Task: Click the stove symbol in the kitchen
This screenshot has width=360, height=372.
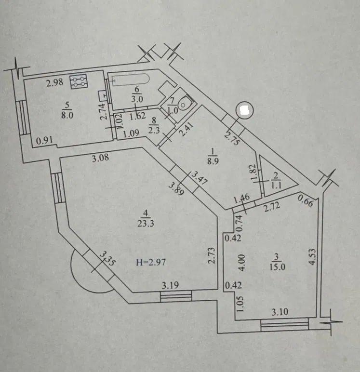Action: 79,81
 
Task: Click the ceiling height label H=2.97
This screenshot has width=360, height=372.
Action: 151,263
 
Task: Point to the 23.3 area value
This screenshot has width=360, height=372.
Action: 146,224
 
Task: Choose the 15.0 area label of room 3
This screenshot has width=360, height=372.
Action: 277,267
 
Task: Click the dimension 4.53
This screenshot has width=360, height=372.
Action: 312,256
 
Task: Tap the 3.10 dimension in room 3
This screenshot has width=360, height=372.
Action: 280,312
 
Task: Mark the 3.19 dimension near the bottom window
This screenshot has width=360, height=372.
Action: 171,285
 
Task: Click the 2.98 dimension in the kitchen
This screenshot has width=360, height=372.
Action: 54,82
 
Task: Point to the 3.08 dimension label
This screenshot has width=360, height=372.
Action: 101,158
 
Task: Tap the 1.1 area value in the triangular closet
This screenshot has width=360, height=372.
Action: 276,186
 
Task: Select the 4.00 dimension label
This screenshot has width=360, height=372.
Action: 241,263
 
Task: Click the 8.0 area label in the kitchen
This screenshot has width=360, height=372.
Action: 67,115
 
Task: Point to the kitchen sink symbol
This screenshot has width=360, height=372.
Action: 103,96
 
